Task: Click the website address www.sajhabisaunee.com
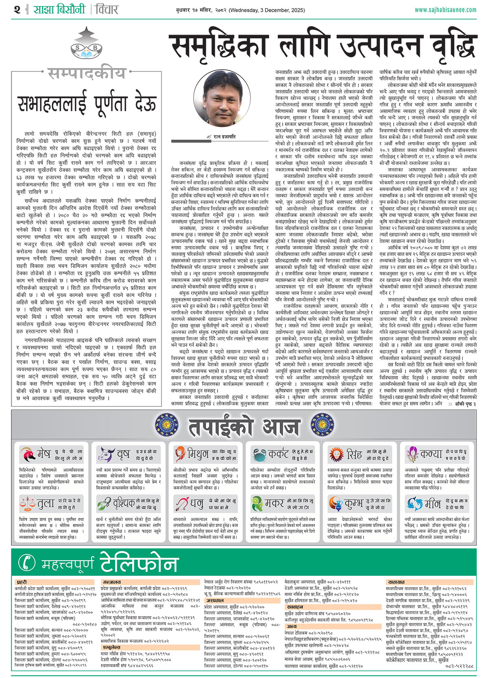pyautogui.click(x=445, y=10)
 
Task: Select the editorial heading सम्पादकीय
pyautogui.click(x=86, y=73)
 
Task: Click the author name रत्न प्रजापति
pyautogui.click(x=224, y=137)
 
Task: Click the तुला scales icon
pyautogui.click(x=27, y=504)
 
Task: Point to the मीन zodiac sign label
pyautogui.click(x=433, y=504)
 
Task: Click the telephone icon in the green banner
pyautogui.click(x=27, y=563)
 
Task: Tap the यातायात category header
pyautogui.click(x=396, y=583)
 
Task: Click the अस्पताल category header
pyautogui.click(x=215, y=601)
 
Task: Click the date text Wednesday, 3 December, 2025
pyautogui.click(x=266, y=10)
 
